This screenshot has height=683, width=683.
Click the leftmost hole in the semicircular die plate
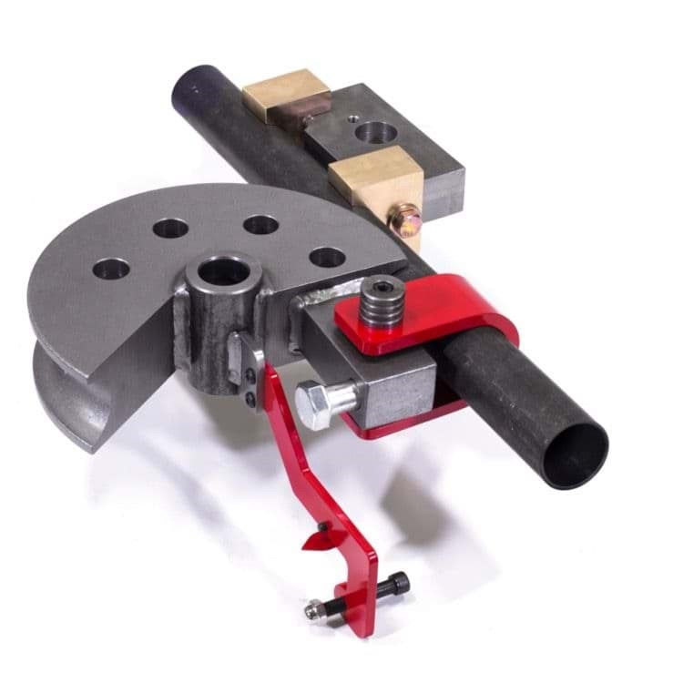point(110,269)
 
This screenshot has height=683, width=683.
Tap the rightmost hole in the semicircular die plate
point(327,257)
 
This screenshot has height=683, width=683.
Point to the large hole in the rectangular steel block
point(375,133)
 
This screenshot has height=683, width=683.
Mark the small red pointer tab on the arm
point(312,543)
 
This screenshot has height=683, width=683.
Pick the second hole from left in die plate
point(170,228)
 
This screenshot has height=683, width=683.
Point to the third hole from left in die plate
point(260,224)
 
